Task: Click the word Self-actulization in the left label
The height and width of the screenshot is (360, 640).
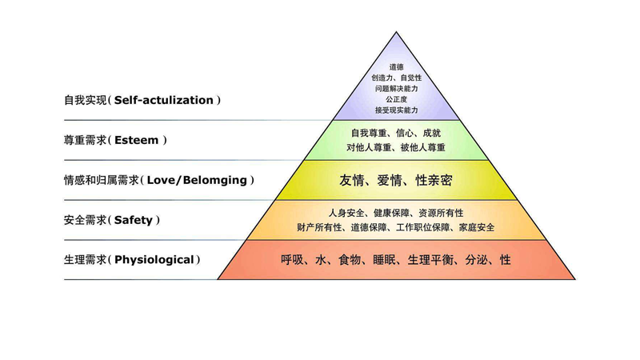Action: click(164, 101)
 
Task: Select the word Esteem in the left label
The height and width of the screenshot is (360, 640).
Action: click(136, 141)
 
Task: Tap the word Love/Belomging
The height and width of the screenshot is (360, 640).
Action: click(197, 181)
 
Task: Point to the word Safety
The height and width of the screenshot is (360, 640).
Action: click(133, 221)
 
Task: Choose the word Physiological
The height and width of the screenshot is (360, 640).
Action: click(154, 260)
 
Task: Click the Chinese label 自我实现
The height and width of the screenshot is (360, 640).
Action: click(86, 101)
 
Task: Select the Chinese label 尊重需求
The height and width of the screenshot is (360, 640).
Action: click(86, 141)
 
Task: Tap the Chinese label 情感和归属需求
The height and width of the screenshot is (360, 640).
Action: click(102, 181)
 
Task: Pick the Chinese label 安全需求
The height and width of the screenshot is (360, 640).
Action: click(86, 221)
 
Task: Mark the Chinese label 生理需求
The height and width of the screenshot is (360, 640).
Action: click(86, 260)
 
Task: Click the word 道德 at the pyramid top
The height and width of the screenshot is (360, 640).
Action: click(396, 67)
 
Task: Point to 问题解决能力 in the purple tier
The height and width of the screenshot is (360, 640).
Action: click(396, 89)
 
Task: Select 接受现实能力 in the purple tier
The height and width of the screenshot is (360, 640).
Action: click(396, 110)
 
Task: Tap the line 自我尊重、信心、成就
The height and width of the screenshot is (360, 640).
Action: click(396, 133)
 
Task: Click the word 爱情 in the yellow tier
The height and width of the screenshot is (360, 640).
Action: click(390, 181)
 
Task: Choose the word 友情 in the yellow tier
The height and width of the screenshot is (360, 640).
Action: click(351, 181)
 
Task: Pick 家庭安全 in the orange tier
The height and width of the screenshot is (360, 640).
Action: click(477, 227)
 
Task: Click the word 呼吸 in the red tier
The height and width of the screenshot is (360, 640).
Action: click(292, 260)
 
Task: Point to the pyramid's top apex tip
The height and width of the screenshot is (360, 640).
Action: click(396, 32)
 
